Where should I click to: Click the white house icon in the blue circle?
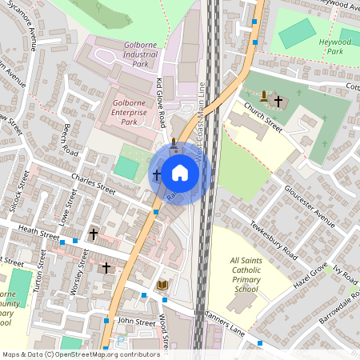pos(180,173)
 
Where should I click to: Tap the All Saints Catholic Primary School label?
pos(245,274)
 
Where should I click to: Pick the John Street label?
pos(135,321)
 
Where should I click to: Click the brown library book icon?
pos(162,285)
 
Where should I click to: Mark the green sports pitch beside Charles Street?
pos(126,168)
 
